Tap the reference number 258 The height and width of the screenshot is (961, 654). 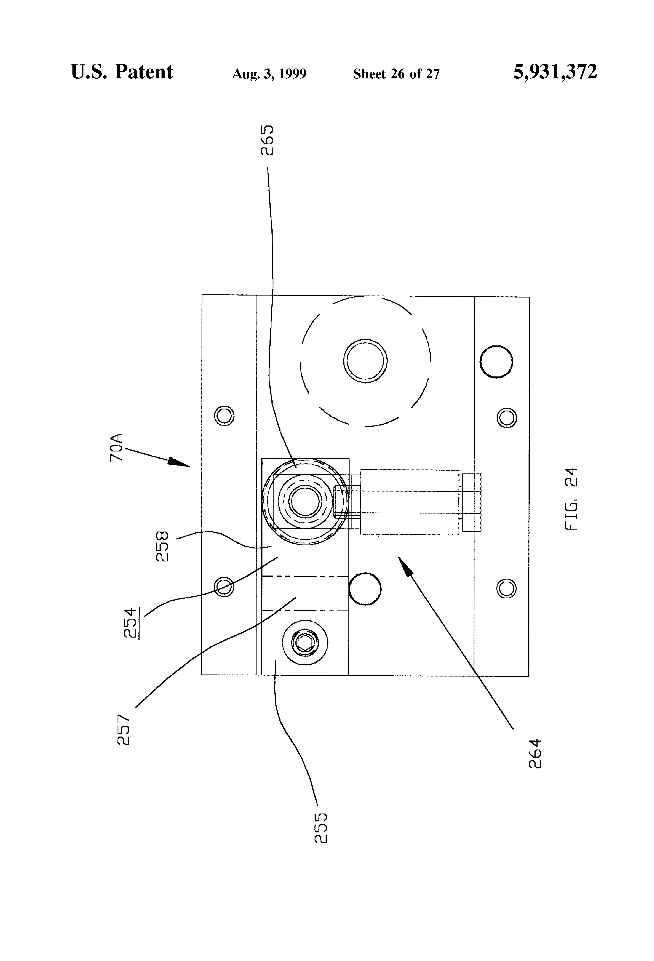pos(162,546)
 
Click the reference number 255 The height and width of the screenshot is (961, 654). pos(321,828)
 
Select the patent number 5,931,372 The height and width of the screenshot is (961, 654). pos(555,72)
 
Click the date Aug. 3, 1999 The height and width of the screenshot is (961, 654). pos(269,74)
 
